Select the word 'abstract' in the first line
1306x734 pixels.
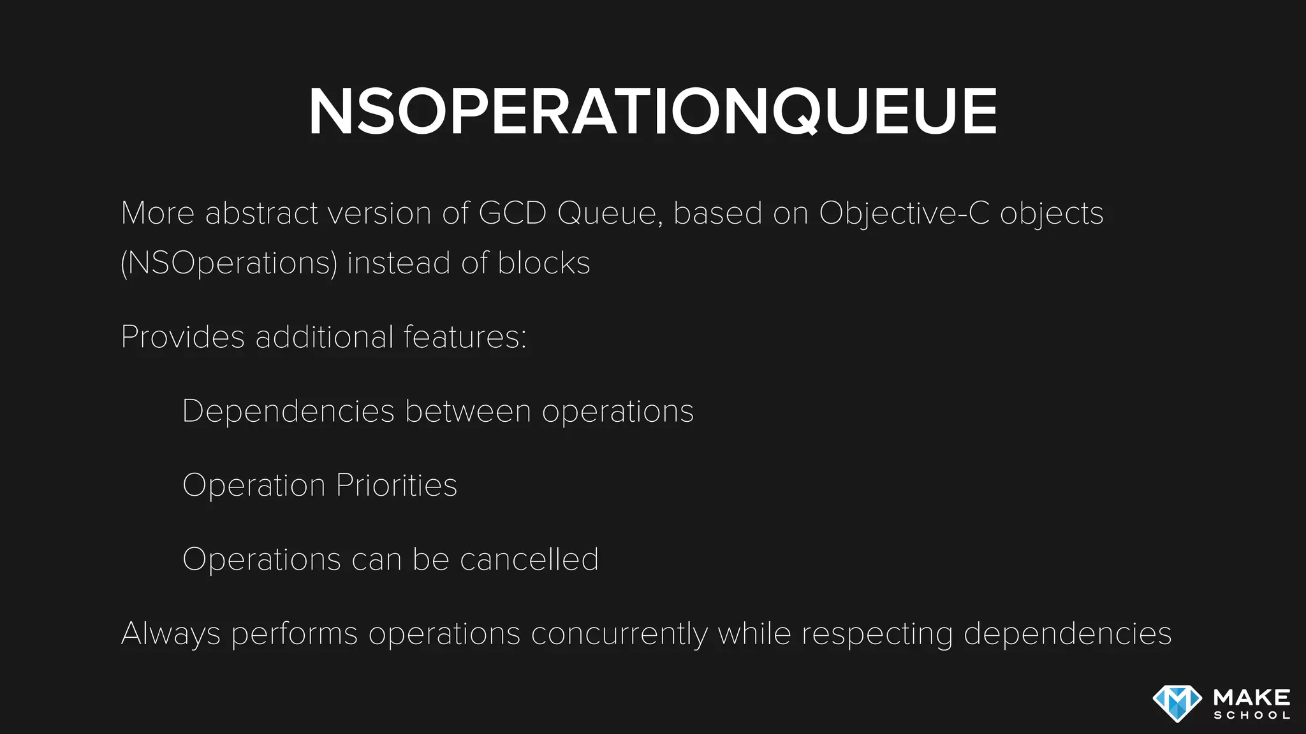tap(261, 213)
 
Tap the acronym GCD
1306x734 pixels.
tap(512, 213)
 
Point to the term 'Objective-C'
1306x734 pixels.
tap(904, 213)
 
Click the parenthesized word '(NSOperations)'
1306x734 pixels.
tap(228, 263)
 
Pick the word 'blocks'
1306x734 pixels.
tap(544, 263)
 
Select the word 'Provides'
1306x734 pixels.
tap(182, 337)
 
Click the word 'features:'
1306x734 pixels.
tap(465, 337)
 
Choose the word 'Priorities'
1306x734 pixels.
tap(396, 486)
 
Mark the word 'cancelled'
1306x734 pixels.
tap(529, 559)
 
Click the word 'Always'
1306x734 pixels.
tap(170, 634)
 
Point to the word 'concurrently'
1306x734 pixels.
tap(619, 634)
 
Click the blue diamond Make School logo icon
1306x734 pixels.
tap(1177, 703)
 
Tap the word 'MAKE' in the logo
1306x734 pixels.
tap(1252, 697)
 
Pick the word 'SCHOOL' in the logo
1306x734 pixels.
tap(1252, 716)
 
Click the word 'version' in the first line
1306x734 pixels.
tap(379, 213)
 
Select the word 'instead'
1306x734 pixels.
tap(399, 263)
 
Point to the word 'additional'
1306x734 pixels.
tap(324, 337)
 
